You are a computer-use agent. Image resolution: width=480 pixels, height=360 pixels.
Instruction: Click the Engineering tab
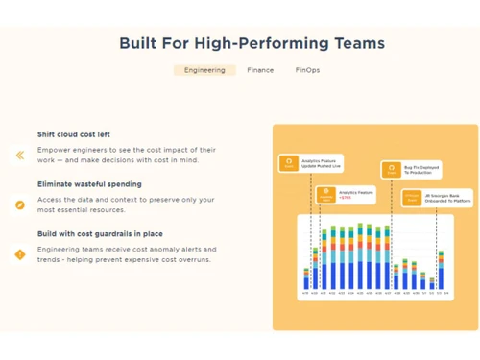tap(204, 70)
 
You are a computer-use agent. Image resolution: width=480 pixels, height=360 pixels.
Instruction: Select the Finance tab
tap(260, 70)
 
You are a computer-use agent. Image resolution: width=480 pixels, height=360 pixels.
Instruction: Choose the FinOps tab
tap(308, 70)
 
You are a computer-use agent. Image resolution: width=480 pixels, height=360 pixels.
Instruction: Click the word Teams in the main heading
tap(354, 43)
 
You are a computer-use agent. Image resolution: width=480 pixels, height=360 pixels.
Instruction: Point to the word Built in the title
tap(140, 43)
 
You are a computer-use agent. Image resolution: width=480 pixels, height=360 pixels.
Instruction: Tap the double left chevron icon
tap(19, 155)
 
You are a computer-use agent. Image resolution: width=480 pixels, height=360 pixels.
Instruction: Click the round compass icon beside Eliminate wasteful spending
tap(19, 204)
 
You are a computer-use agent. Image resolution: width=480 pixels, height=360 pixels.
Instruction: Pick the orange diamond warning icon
tap(19, 254)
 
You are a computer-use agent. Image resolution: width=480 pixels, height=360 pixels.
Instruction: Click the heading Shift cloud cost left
tap(74, 134)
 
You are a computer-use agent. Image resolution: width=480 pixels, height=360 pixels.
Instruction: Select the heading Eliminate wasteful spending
tap(89, 183)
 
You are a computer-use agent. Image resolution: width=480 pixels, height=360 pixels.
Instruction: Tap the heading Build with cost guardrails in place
tap(100, 233)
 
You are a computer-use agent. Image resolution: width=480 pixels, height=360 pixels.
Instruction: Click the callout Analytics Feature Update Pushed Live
tap(311, 164)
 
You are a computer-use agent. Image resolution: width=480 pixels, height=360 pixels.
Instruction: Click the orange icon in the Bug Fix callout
tap(391, 169)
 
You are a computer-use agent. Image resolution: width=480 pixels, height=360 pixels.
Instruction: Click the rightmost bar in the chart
tap(441, 270)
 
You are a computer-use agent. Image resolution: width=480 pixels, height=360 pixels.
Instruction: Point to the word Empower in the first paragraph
tap(53, 149)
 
